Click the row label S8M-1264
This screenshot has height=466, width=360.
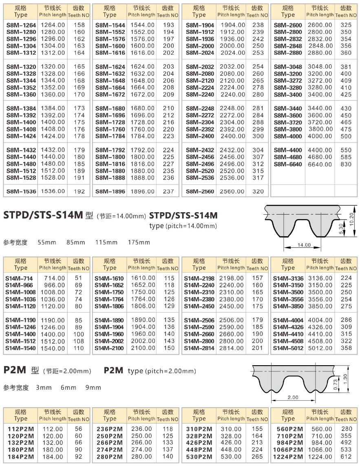(x=21, y=25)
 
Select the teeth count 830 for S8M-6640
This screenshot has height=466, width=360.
(x=345, y=164)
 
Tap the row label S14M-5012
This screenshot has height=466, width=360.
(x=288, y=348)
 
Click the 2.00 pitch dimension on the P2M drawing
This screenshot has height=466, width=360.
(x=293, y=397)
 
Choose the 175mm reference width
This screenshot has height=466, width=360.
(x=139, y=242)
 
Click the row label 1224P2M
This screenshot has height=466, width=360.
(x=288, y=457)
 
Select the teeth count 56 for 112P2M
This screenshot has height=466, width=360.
(x=78, y=429)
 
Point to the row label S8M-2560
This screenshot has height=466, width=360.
(x=200, y=191)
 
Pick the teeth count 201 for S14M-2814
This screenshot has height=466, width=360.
(x=257, y=348)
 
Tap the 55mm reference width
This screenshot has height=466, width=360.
(x=46, y=242)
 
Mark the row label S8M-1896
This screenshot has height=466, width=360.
(x=110, y=191)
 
